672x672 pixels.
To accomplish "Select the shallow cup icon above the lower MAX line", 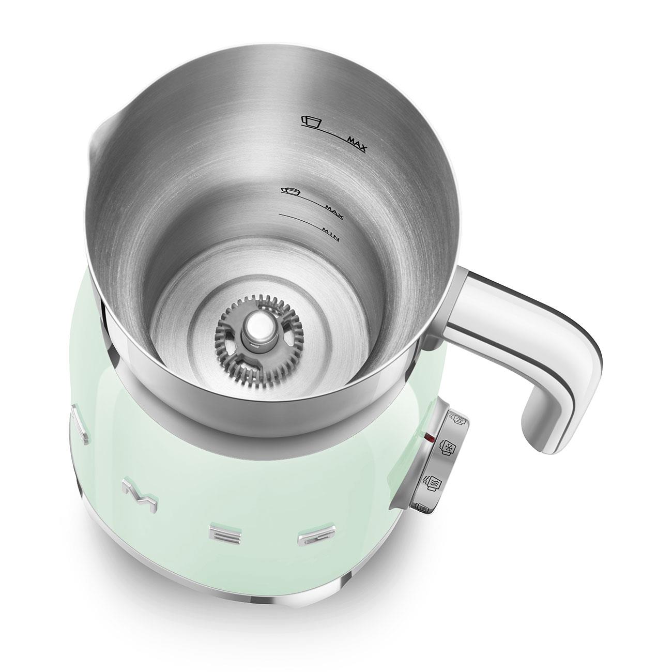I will point(291,192).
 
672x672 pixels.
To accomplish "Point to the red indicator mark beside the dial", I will point(427,438).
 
